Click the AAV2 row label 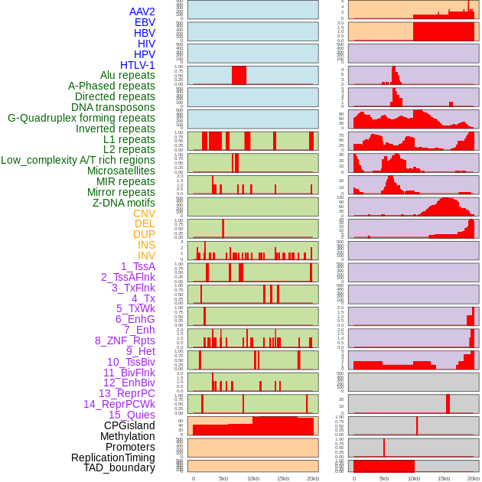142,11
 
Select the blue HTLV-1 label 138,65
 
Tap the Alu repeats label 128,75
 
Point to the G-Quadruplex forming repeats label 81,118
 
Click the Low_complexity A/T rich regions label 78,160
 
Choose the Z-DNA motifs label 124,203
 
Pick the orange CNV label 144,213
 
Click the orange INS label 146,245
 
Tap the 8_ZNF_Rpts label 125,340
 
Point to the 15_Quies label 132,415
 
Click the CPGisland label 129,425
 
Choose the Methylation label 128,436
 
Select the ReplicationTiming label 113,458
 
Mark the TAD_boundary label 119,467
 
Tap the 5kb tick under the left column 223,478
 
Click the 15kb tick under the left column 283,478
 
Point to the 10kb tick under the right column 414,478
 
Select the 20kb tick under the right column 474,478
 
